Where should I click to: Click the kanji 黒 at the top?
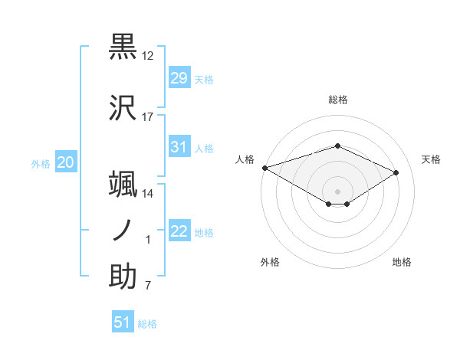click(x=123, y=47)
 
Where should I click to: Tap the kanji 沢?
click(x=123, y=108)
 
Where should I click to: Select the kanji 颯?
click(x=123, y=184)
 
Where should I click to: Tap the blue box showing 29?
click(x=179, y=78)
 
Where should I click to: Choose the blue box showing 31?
click(x=179, y=147)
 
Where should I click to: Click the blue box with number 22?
click(x=179, y=231)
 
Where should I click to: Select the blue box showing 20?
click(x=66, y=162)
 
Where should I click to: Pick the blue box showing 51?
click(x=122, y=322)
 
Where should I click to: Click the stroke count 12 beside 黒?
click(x=148, y=56)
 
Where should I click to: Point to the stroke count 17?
click(x=148, y=117)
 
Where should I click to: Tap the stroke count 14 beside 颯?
click(x=148, y=194)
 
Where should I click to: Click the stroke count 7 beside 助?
click(x=148, y=286)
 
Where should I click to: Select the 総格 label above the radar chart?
click(x=337, y=100)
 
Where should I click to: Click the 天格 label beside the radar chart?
click(x=431, y=159)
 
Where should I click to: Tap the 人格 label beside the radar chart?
click(x=245, y=159)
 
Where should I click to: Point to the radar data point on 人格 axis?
click(x=264, y=168)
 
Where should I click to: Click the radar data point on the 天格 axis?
click(x=396, y=172)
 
